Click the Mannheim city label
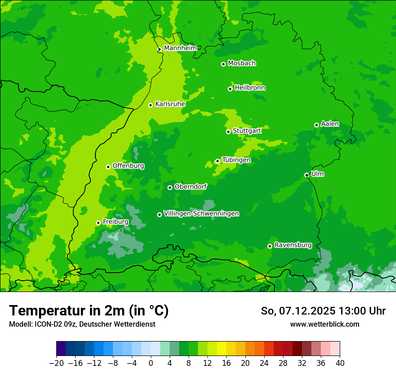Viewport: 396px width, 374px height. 180,48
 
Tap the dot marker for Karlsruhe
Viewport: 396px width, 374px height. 151,105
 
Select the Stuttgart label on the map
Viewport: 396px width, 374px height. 247,131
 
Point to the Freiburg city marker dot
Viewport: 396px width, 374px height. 98,223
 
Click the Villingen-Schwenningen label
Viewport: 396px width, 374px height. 201,214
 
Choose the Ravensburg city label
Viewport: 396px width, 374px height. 293,245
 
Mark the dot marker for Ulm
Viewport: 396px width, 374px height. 306,175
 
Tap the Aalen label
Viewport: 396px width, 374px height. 330,124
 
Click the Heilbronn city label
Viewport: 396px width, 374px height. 250,88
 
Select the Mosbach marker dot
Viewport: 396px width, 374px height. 223,64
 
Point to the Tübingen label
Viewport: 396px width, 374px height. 236,160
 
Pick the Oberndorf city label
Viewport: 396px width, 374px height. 191,187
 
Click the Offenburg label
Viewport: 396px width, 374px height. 128,166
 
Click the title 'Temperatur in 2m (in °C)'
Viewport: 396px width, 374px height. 89,310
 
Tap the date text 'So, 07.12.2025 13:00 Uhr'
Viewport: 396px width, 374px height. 323,311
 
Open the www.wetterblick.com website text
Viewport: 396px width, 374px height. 324,324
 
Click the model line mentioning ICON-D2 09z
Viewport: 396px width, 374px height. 82,324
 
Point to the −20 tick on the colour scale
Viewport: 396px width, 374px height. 56,363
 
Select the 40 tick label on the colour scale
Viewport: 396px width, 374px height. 340,363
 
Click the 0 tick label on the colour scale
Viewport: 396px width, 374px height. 151,363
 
